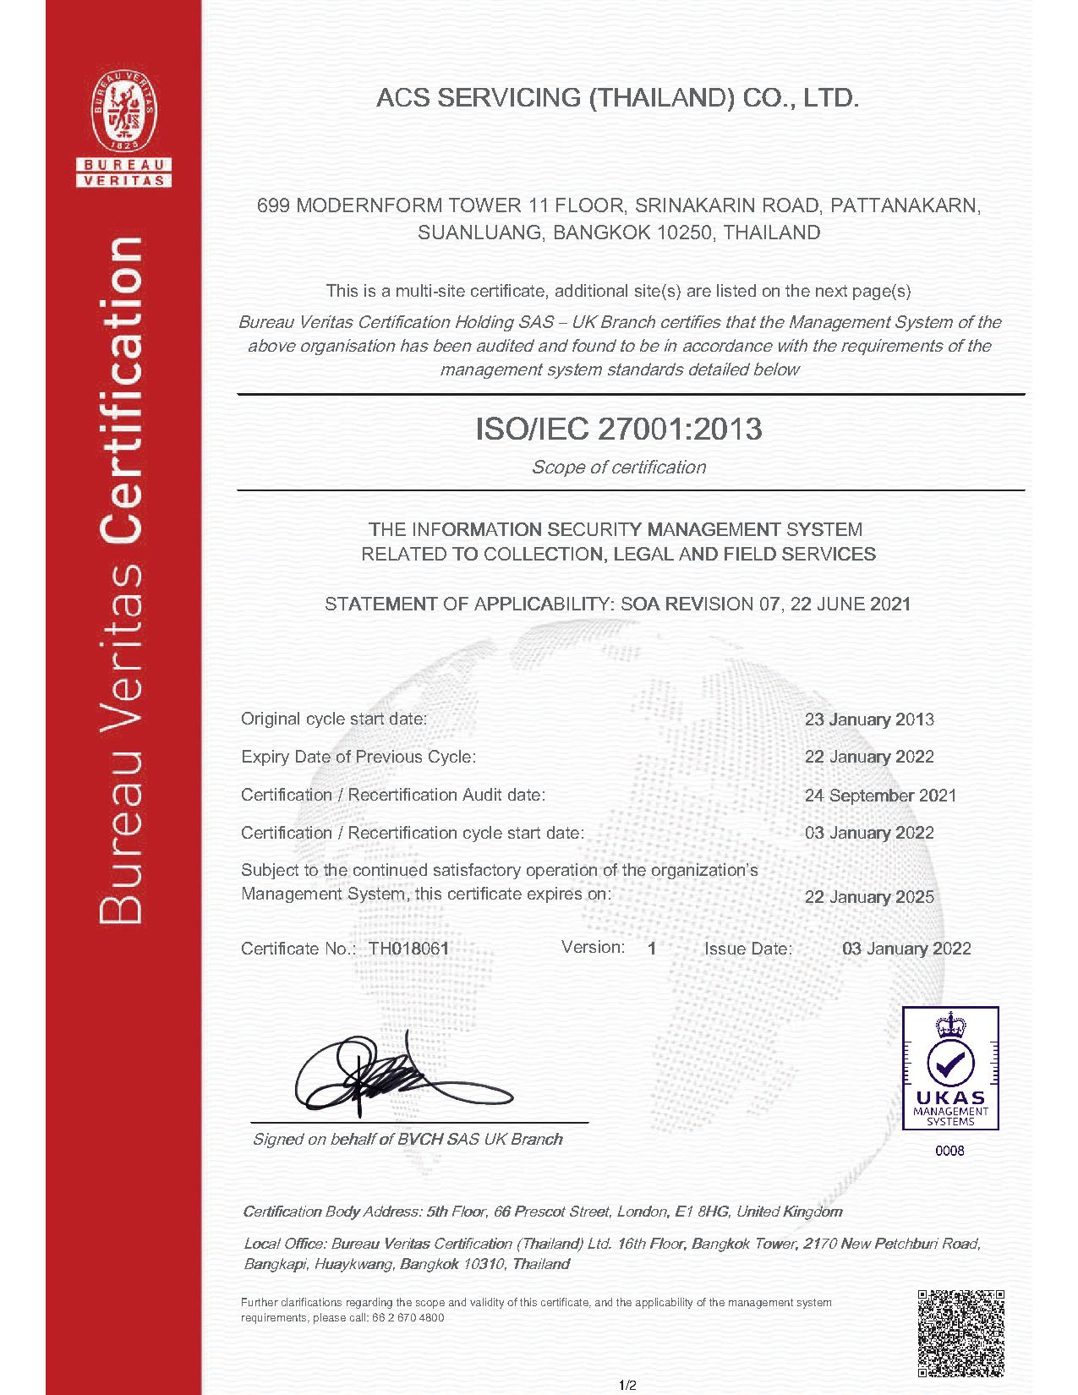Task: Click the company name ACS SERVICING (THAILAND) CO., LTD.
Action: pyautogui.click(x=617, y=98)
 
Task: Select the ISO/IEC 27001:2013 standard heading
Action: pyautogui.click(x=619, y=429)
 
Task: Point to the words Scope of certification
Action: pyautogui.click(x=618, y=468)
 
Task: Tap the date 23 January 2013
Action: pyautogui.click(x=869, y=719)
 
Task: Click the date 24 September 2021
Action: pyautogui.click(x=880, y=796)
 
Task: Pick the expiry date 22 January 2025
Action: pyautogui.click(x=869, y=897)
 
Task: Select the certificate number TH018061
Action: pyautogui.click(x=408, y=949)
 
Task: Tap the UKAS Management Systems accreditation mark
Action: pyautogui.click(x=950, y=1069)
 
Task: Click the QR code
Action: pyautogui.click(x=960, y=1332)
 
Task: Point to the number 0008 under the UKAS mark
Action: pyautogui.click(x=950, y=1151)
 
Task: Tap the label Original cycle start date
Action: pyautogui.click(x=334, y=719)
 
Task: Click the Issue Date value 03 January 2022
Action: pyautogui.click(x=906, y=949)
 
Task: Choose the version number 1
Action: pyautogui.click(x=652, y=949)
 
